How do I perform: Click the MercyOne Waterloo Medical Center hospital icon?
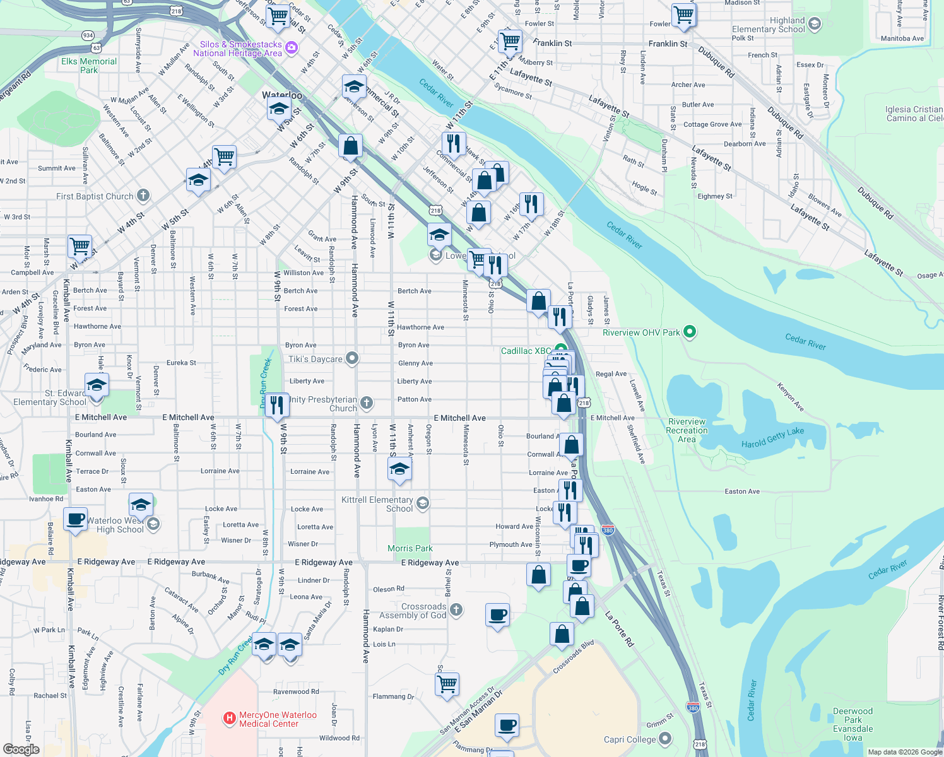click(x=230, y=719)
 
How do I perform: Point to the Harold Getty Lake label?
click(x=772, y=438)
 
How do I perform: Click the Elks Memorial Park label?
click(x=89, y=66)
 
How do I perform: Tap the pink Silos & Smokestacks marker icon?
click(x=291, y=47)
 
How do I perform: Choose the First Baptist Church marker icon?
click(x=143, y=196)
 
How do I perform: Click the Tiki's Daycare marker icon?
click(x=352, y=358)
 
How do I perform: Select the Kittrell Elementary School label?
click(x=377, y=504)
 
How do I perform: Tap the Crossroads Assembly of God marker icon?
click(x=456, y=610)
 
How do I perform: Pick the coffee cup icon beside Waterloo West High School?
click(x=76, y=519)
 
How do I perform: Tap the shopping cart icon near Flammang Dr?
click(x=447, y=684)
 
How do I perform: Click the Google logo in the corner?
click(x=21, y=749)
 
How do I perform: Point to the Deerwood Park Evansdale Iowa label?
click(x=853, y=724)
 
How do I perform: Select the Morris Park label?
click(x=410, y=548)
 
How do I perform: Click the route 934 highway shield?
click(x=88, y=35)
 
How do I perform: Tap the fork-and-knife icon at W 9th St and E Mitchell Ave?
click(x=276, y=404)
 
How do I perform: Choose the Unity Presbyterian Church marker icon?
click(x=367, y=402)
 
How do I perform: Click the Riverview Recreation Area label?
click(x=687, y=430)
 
